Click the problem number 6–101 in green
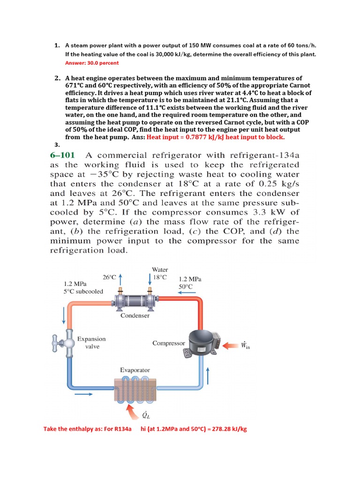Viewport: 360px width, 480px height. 65,156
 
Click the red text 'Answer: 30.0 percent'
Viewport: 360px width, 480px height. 91,63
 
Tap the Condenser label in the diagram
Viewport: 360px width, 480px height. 135,315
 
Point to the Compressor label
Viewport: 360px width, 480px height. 168,343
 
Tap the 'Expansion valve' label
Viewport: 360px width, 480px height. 91,343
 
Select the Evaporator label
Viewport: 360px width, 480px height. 135,370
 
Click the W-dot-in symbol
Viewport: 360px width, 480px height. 245,345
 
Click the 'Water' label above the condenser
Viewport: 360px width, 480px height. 160,270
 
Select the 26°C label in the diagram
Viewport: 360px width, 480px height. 109,277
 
